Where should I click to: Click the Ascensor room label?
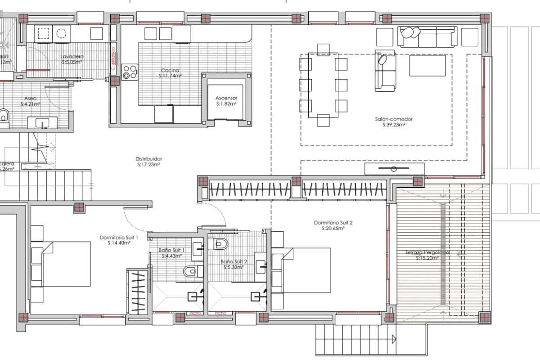click(x=226, y=98)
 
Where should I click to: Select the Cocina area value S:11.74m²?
click(x=170, y=76)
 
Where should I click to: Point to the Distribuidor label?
click(x=148, y=159)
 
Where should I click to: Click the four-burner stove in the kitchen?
click(x=130, y=72)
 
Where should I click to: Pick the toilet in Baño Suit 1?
click(x=191, y=271)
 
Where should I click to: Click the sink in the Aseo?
click(x=43, y=122)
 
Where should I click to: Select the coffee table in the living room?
click(x=427, y=65)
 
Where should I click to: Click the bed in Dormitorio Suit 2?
click(x=306, y=270)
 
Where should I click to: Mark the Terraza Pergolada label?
click(x=427, y=252)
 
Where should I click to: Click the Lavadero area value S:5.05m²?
click(x=72, y=63)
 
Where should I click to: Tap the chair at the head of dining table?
click(x=323, y=49)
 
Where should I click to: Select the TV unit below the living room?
click(x=394, y=169)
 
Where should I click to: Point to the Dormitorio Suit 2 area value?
click(x=333, y=229)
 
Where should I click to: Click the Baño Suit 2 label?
click(x=234, y=261)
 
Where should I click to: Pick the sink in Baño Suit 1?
click(x=198, y=249)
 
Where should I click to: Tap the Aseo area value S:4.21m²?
click(x=31, y=104)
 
